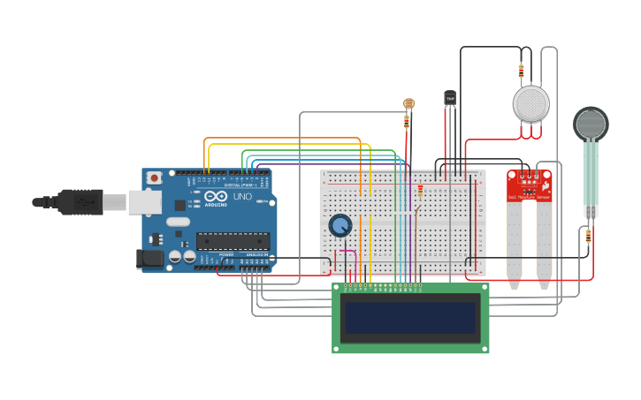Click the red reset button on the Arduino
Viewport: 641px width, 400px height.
[155, 177]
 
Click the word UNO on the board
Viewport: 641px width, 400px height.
[242, 196]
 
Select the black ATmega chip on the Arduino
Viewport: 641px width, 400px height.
[233, 240]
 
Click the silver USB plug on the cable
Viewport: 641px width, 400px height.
[114, 203]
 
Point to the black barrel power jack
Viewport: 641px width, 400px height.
[150, 258]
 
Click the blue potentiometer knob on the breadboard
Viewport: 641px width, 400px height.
[340, 225]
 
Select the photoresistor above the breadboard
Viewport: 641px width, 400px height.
[408, 103]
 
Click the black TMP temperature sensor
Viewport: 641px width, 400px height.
[450, 97]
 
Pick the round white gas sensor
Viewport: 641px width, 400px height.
[530, 104]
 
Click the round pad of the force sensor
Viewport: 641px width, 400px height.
[591, 125]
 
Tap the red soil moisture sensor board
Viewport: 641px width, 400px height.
[530, 186]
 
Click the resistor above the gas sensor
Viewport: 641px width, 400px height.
[521, 70]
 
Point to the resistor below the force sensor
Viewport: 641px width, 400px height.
[589, 236]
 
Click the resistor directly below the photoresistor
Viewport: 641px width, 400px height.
[407, 119]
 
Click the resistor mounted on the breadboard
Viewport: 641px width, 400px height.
[420, 189]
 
